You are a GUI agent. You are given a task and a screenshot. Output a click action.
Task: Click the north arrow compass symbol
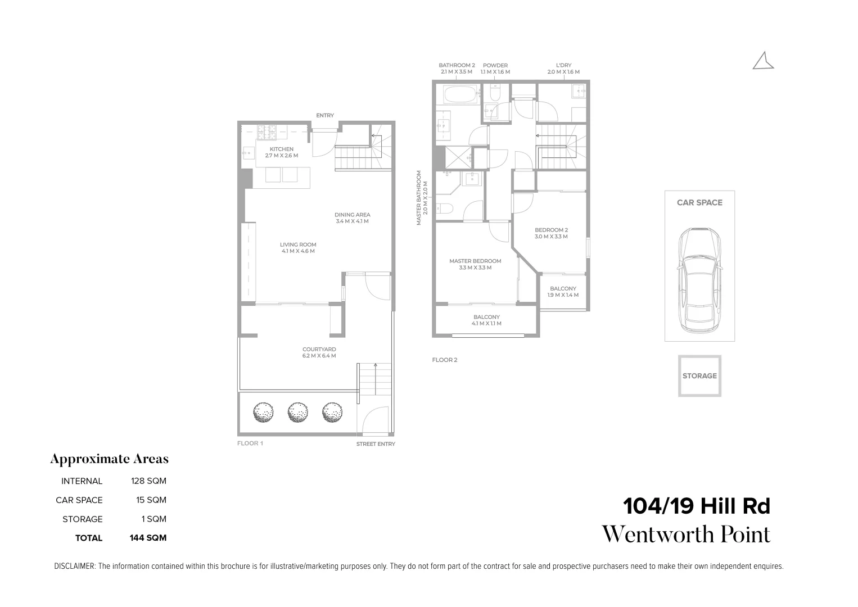[x=763, y=61]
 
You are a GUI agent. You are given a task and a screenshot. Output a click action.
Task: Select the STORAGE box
[x=699, y=375]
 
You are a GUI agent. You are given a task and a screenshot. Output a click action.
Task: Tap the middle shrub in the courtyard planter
[x=297, y=413]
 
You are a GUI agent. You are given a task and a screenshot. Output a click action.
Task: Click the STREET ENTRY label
[x=376, y=444]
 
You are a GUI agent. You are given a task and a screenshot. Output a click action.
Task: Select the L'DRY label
[x=563, y=66]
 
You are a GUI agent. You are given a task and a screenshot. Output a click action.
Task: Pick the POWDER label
[x=495, y=66]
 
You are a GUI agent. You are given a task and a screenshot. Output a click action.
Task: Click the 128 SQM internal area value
[x=148, y=481]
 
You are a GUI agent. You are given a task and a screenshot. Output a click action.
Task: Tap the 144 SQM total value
[x=148, y=538]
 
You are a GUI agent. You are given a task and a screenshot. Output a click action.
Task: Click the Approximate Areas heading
[x=109, y=459]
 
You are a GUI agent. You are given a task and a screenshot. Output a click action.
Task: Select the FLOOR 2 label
[x=445, y=360]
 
